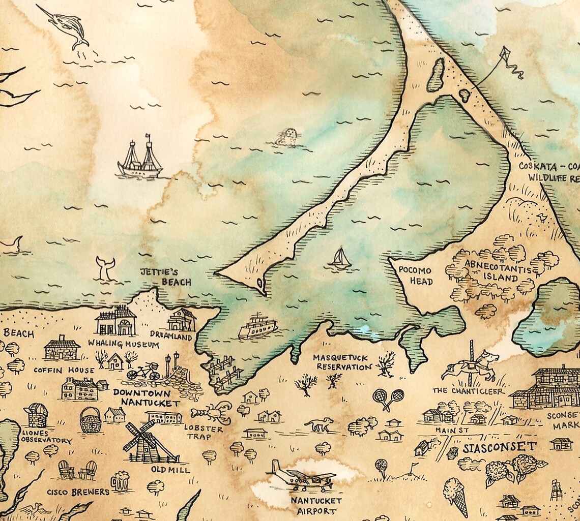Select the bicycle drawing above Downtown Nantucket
(143, 372)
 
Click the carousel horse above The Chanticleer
(471, 365)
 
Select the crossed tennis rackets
(388, 397)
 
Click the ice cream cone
(455, 495)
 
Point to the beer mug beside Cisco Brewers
(120, 480)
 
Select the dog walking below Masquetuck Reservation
(319, 424)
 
